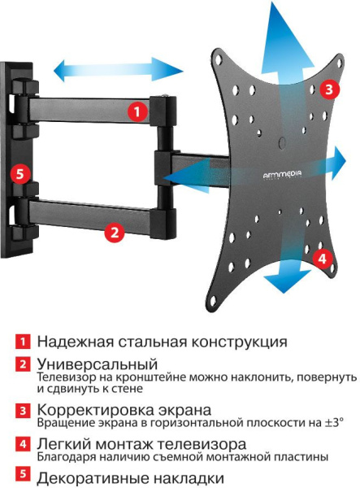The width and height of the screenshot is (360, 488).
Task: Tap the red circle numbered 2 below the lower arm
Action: tap(115, 233)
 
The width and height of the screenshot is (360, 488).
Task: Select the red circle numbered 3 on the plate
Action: tap(327, 89)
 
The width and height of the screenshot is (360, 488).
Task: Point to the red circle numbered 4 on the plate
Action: tap(322, 259)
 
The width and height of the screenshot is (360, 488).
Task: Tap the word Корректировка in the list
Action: tap(96, 409)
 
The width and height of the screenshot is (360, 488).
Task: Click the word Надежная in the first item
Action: tap(75, 342)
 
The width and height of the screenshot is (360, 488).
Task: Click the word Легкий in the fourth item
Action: tap(64, 445)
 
